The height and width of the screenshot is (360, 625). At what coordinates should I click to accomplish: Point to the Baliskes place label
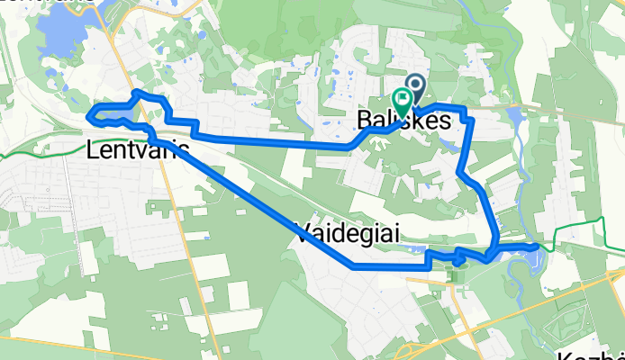pos(403,120)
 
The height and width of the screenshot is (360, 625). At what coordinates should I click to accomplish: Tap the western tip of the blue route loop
pos(88,115)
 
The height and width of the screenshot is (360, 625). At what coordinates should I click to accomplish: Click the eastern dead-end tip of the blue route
pos(538,245)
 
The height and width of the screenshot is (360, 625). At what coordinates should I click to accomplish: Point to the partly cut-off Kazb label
pos(590,354)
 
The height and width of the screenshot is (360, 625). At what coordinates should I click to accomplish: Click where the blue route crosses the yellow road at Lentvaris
pos(169,137)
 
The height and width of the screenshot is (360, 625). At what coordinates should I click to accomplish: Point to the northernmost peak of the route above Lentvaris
pos(136,92)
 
